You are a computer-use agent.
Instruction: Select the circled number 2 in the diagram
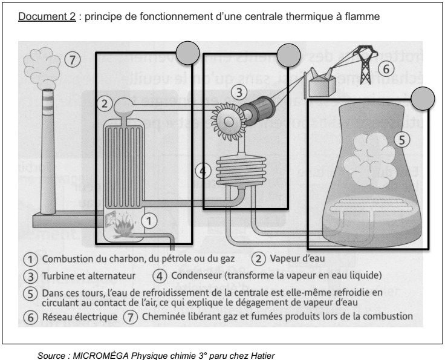[x=105, y=103]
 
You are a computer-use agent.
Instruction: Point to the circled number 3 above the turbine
[x=241, y=93]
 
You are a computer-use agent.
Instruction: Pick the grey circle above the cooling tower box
[x=423, y=97]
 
